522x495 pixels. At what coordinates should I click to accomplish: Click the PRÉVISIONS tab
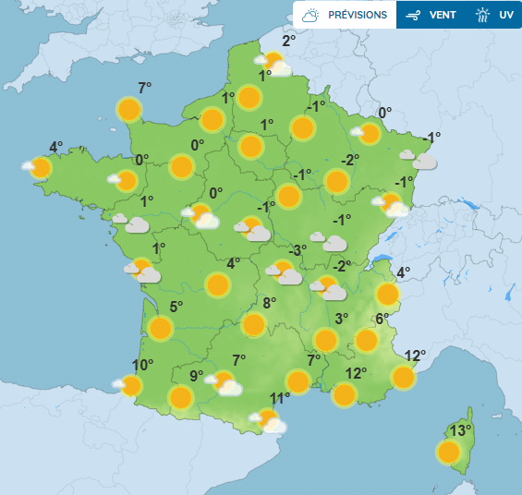pos(346,15)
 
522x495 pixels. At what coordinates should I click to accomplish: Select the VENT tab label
pos(433,15)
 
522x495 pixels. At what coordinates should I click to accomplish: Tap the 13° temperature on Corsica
pos(460,430)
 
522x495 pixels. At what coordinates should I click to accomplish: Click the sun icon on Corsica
pos(449,452)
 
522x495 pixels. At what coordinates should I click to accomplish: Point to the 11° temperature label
pos(280,399)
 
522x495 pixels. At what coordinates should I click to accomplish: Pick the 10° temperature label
pos(142,365)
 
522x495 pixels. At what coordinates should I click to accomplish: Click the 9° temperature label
pos(197,375)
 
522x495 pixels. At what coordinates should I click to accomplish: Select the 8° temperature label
pos(270,303)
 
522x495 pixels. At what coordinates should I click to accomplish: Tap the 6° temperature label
pos(383,319)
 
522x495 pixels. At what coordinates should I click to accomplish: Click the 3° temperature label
pos(341,319)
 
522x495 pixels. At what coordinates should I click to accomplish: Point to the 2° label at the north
pos(287,40)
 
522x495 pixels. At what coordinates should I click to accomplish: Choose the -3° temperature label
pos(297,249)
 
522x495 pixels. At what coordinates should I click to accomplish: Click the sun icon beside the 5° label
pos(161,328)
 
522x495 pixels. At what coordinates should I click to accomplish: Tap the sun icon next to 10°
pos(131,385)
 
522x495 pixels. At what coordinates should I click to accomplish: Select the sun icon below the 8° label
pos(252,324)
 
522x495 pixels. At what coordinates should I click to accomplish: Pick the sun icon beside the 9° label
pos(181,397)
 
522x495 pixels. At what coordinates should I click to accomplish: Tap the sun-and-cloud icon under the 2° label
pos(274,64)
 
